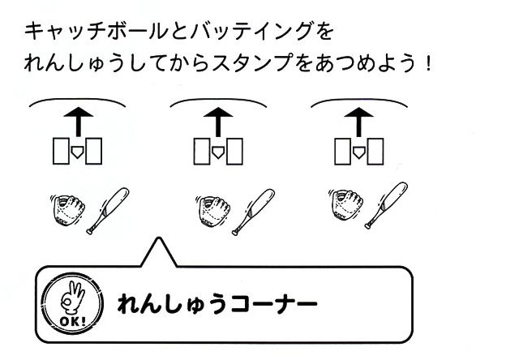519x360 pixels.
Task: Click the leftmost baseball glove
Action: [68, 211]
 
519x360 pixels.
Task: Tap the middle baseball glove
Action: [213, 212]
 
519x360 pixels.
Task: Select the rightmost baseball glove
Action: [346, 205]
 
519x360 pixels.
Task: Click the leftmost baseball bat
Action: [108, 211]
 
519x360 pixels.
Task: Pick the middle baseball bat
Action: [253, 212]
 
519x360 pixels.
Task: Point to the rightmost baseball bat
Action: [386, 205]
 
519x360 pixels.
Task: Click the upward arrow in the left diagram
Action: [78, 122]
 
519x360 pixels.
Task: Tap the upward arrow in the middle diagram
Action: [218, 122]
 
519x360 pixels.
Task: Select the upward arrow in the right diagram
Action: [358, 122]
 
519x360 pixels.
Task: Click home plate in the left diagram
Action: [77, 152]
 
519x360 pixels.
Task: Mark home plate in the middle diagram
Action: [217, 152]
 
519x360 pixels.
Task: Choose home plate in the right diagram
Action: [358, 152]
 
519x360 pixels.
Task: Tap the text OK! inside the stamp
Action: [72, 321]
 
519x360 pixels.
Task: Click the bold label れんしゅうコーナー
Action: [217, 303]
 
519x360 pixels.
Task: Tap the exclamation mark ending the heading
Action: [428, 63]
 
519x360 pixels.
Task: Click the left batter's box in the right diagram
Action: [342, 152]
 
